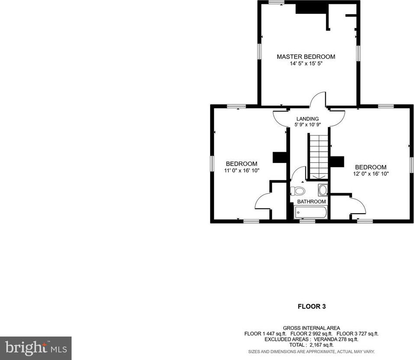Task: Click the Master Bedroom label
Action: pyautogui.click(x=306, y=56)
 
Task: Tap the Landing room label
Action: pyautogui.click(x=307, y=119)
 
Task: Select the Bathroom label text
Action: pyautogui.click(x=311, y=202)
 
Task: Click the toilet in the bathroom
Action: pyautogui.click(x=298, y=191)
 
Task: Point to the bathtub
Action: pyautogui.click(x=311, y=213)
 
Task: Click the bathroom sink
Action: pyautogui.click(x=323, y=190)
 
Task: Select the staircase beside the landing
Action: pyautogui.click(x=318, y=157)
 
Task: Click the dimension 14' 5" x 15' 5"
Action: pyautogui.click(x=306, y=63)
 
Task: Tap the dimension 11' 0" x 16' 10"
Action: pyautogui.click(x=242, y=171)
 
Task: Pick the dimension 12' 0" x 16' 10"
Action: pyautogui.click(x=371, y=174)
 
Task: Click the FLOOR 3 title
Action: pyautogui.click(x=312, y=306)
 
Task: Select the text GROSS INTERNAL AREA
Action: pyautogui.click(x=311, y=328)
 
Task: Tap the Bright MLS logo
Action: pyautogui.click(x=36, y=348)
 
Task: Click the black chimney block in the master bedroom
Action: pyautogui.click(x=312, y=9)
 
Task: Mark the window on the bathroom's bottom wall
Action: pyautogui.click(x=307, y=221)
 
